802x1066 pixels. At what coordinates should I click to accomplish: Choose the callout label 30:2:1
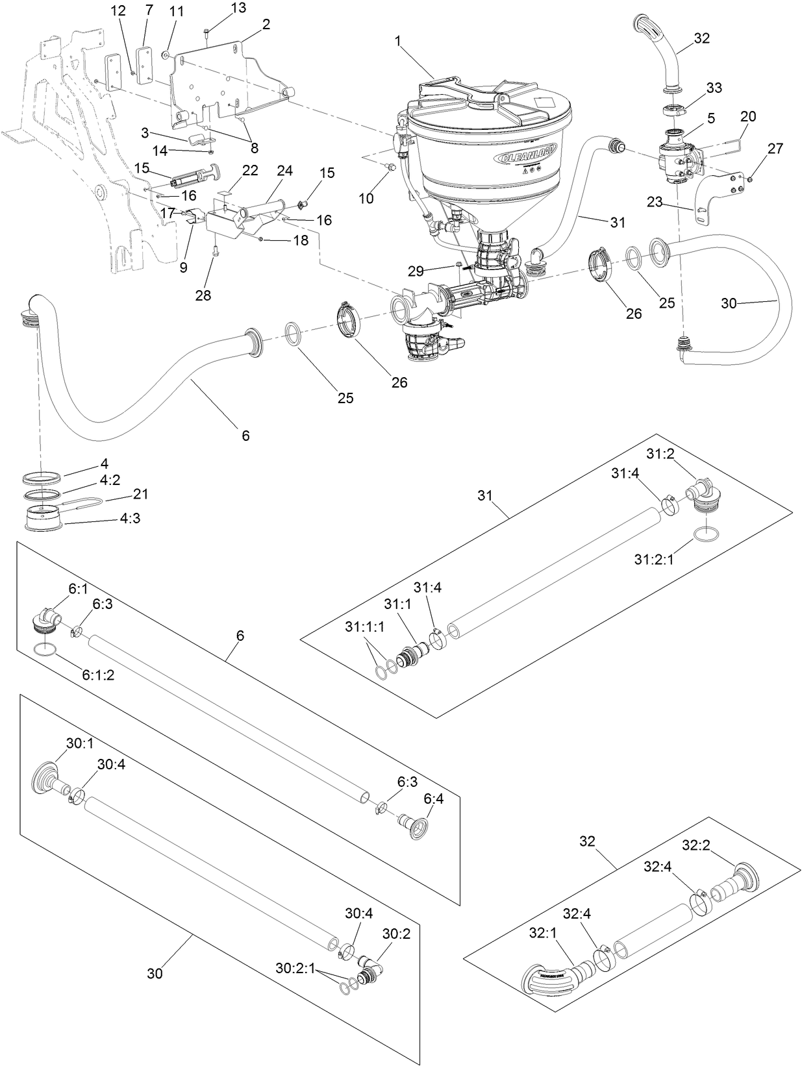295,967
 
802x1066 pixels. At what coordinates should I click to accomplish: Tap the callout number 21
140,494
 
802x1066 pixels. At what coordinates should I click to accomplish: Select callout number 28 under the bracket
203,296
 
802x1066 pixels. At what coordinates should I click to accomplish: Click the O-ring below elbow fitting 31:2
707,534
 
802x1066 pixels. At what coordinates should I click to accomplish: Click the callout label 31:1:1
364,626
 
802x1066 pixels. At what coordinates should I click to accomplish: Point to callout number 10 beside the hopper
366,198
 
